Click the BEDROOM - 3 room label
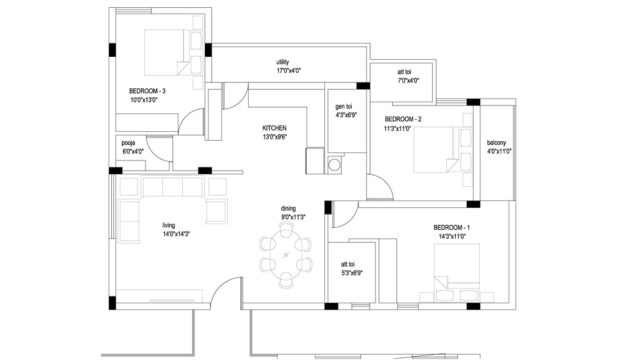(x=147, y=91)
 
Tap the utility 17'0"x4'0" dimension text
(x=289, y=71)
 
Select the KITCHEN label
(x=274, y=128)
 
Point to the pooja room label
(x=128, y=143)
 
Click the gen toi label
(x=343, y=107)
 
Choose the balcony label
(x=497, y=143)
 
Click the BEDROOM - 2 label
(x=403, y=119)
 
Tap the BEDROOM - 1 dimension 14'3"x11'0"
(x=452, y=237)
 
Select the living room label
(x=169, y=225)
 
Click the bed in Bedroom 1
(x=456, y=267)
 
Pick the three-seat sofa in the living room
(x=172, y=187)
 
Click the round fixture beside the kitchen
(x=334, y=165)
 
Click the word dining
(x=288, y=208)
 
